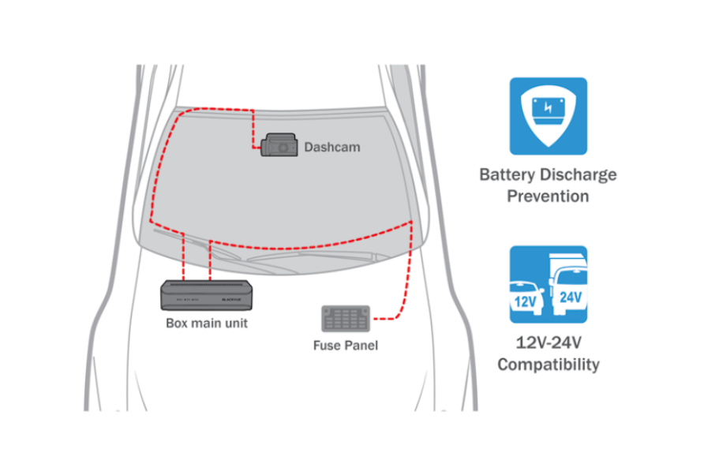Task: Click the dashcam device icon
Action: pos(279,145)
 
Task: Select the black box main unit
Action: pos(207,295)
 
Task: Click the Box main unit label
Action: pos(207,323)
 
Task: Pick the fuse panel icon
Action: pos(345,319)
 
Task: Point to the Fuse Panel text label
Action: pos(346,345)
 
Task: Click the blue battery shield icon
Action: pos(548,115)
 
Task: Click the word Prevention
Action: pos(548,196)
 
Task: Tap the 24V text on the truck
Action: pos(569,297)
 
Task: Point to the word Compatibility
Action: pos(548,365)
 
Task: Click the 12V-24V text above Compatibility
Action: pos(548,343)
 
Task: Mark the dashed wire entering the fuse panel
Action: pos(384,319)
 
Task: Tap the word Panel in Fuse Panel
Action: pos(361,345)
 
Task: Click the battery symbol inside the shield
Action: pos(548,111)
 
